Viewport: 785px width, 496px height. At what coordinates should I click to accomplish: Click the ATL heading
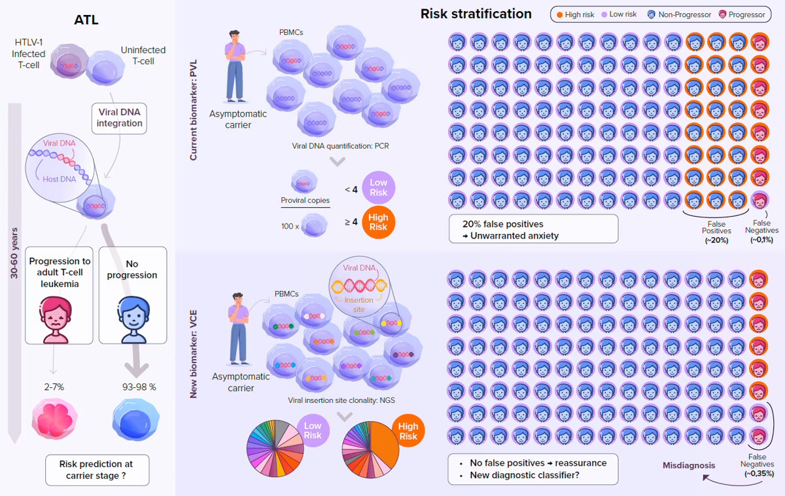(x=87, y=20)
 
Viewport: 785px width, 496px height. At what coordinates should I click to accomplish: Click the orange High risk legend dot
(x=560, y=14)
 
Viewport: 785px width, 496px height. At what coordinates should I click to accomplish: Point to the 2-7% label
(x=54, y=387)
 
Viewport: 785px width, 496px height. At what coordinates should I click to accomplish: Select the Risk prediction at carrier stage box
(x=98, y=470)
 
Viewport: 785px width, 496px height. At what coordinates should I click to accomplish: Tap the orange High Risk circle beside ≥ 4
(x=377, y=222)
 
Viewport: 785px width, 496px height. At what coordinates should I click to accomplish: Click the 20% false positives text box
(x=533, y=229)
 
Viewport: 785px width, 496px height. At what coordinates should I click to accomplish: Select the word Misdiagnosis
(x=689, y=465)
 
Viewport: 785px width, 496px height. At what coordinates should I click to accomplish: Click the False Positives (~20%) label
(x=717, y=231)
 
